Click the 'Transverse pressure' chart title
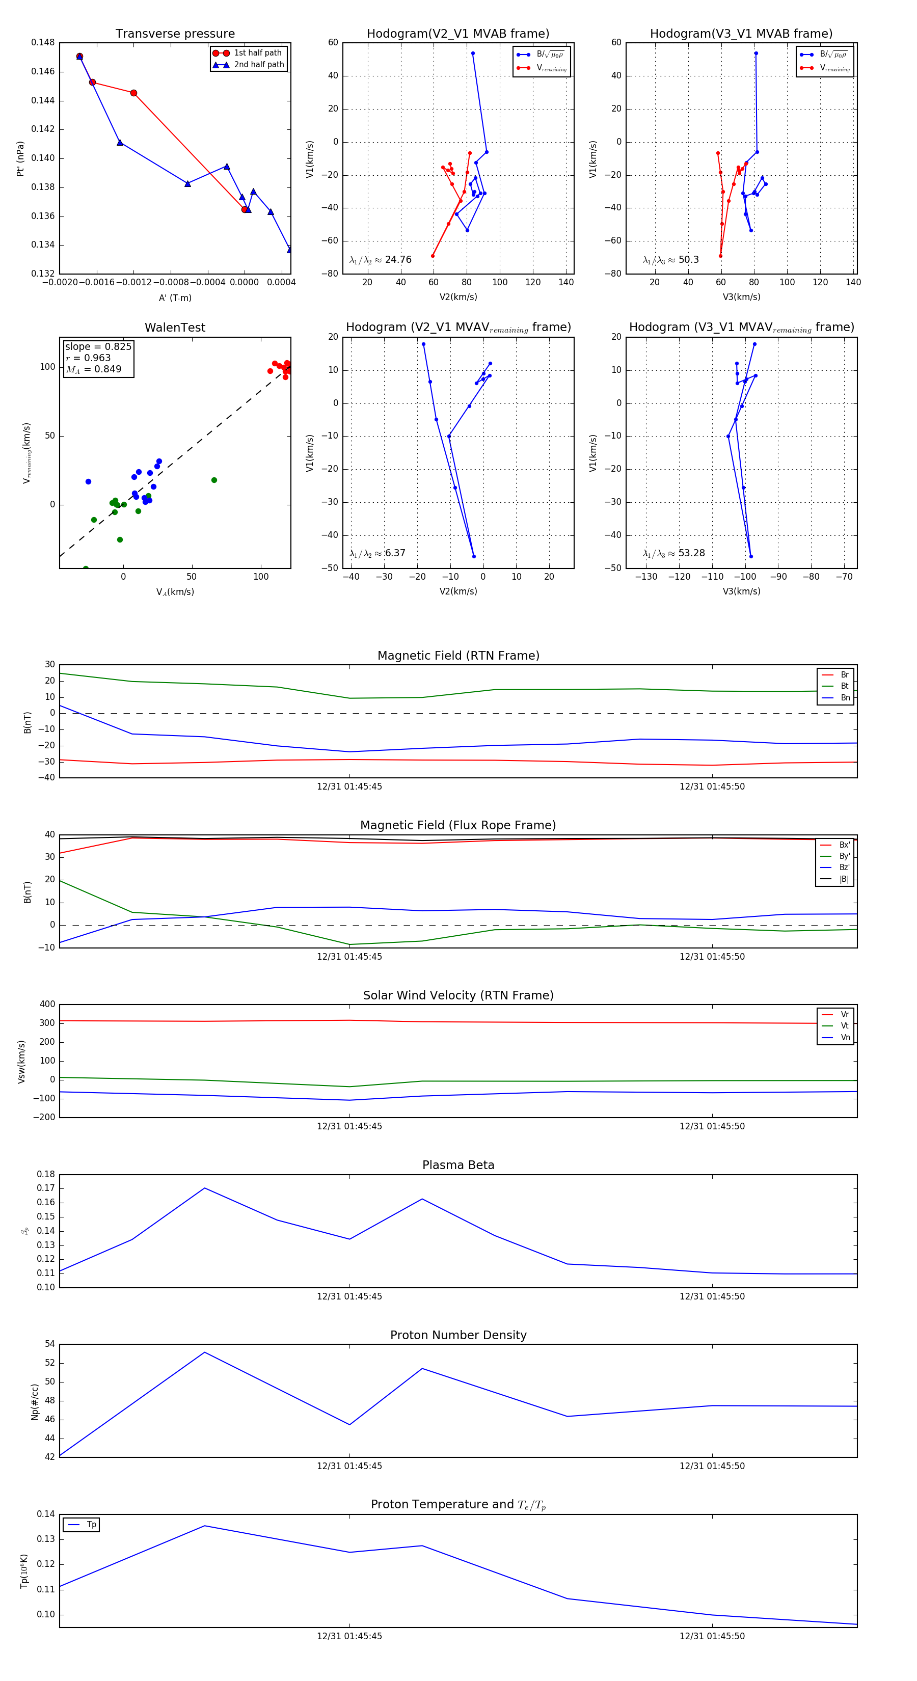175,34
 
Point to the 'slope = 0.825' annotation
98,346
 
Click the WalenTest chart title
175,328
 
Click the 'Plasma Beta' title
458,1165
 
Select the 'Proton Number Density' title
458,1335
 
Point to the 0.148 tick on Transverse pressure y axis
43,42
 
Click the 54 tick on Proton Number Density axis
49,1344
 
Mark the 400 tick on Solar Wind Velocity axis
47,1005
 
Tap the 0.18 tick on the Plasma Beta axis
46,1175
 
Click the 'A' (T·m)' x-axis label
175,297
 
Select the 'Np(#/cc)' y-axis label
35,1402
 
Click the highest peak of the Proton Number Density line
204,1352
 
